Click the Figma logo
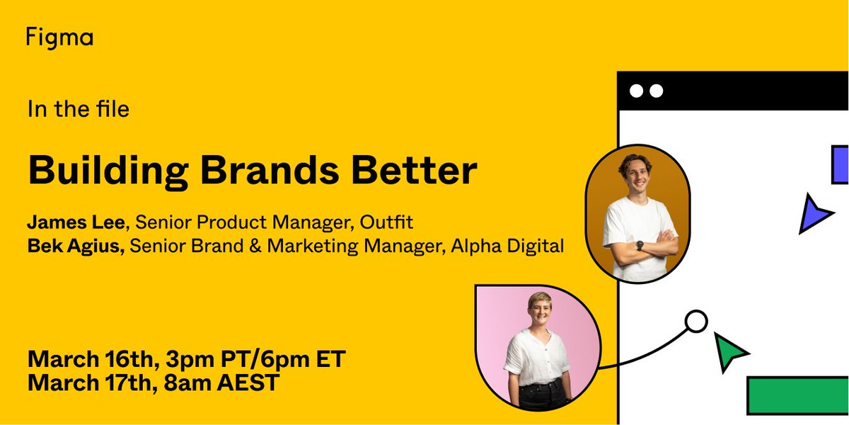pyautogui.click(x=59, y=38)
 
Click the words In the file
pyautogui.click(x=78, y=109)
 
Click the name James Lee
pyautogui.click(x=76, y=223)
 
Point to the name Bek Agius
pyautogui.click(x=74, y=247)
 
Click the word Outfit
pyautogui.click(x=385, y=223)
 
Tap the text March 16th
pyautogui.click(x=90, y=359)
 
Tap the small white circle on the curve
pyautogui.click(x=696, y=322)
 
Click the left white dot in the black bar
pyautogui.click(x=636, y=91)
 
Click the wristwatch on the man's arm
pyautogui.click(x=639, y=246)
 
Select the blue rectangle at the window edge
pyautogui.click(x=840, y=164)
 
